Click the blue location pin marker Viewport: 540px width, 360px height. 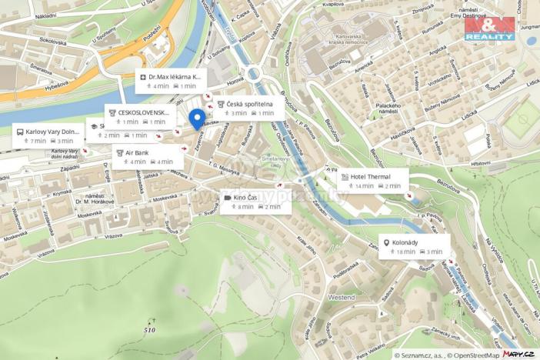point(197,118)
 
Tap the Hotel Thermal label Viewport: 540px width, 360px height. point(372,176)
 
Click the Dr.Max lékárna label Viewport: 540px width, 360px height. point(175,77)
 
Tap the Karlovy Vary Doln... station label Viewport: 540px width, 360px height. point(53,132)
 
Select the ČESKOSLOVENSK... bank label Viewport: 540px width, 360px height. point(142,112)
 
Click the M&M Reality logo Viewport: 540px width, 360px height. point(489,28)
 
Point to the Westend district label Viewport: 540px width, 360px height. point(342,297)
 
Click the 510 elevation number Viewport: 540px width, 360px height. point(148,330)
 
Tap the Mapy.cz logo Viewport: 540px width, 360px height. point(519,354)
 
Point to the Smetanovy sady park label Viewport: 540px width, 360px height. point(275,162)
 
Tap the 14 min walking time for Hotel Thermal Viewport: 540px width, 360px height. point(364,186)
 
